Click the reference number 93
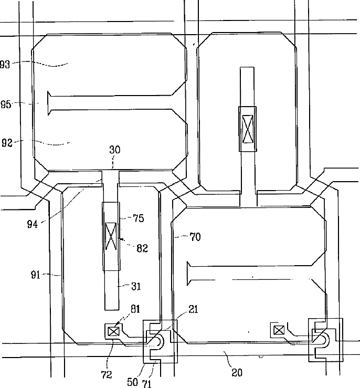coord(5,64)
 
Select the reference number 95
coord(5,104)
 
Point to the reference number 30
coord(114,150)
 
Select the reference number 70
coord(195,237)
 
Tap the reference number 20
coord(237,373)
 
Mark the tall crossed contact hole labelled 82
coord(111,236)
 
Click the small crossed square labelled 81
coord(113,331)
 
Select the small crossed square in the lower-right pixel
coord(279,330)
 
